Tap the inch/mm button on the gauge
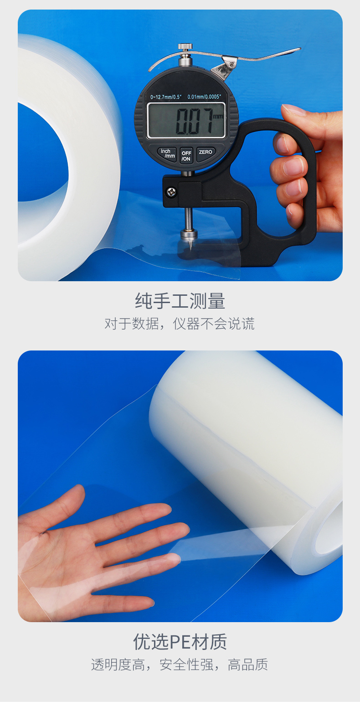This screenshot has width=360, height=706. [x=167, y=154]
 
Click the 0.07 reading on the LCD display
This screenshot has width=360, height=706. [x=194, y=121]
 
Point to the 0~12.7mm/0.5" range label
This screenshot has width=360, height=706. [x=166, y=97]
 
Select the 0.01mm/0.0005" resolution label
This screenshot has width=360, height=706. [x=204, y=97]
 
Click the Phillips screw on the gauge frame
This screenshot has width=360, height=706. [x=171, y=191]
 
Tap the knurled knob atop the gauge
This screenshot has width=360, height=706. [x=185, y=47]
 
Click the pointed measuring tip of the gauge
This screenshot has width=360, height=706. [x=190, y=244]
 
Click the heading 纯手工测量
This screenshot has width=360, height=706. [x=180, y=301]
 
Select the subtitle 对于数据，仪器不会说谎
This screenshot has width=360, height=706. [x=180, y=324]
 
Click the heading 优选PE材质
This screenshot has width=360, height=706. [x=180, y=642]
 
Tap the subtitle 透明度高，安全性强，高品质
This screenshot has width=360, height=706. [x=180, y=665]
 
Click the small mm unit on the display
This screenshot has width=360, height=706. [x=218, y=117]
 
